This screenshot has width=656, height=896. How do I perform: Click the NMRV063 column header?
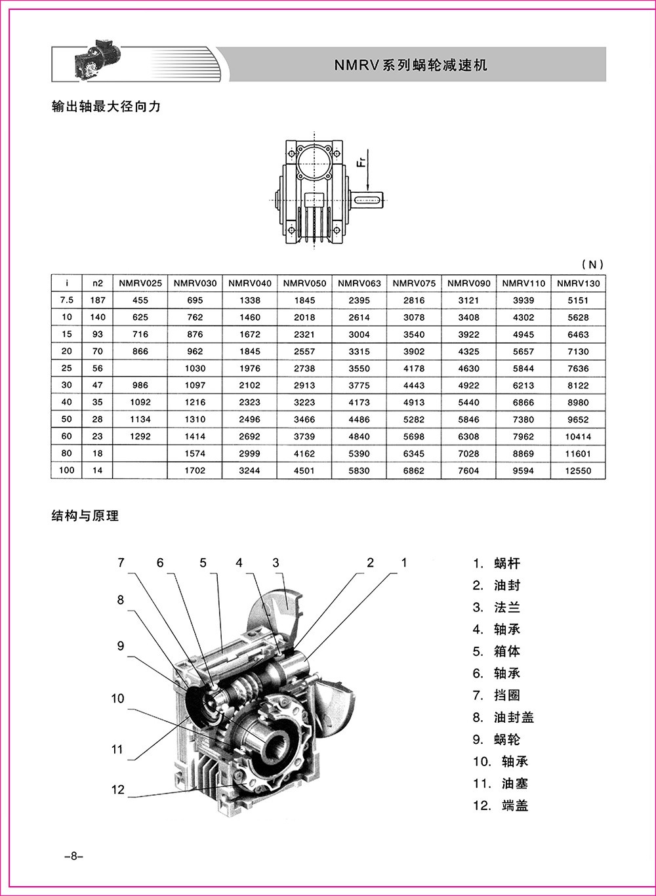(x=359, y=283)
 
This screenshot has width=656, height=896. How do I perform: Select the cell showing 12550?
(x=578, y=470)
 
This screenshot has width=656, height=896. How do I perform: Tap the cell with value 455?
(x=140, y=300)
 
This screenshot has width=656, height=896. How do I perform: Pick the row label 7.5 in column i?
(x=67, y=300)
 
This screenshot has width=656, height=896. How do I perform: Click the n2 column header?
(x=98, y=283)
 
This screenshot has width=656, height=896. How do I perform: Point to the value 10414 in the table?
(x=578, y=436)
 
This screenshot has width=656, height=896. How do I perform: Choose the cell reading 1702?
(x=195, y=470)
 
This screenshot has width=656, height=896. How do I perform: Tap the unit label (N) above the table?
(x=592, y=264)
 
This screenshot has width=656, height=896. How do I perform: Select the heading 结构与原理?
(x=85, y=516)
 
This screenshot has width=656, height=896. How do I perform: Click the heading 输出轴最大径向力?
(x=106, y=106)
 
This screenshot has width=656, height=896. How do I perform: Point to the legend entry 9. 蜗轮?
(x=497, y=739)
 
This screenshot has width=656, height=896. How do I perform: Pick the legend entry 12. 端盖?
(x=501, y=805)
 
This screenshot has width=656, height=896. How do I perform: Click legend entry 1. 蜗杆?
(x=497, y=563)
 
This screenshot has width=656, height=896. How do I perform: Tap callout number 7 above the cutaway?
(x=121, y=563)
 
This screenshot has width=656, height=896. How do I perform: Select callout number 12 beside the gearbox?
(x=117, y=790)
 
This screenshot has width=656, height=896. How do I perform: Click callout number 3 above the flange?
(x=276, y=563)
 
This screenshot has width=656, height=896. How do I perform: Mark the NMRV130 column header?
(x=578, y=283)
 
